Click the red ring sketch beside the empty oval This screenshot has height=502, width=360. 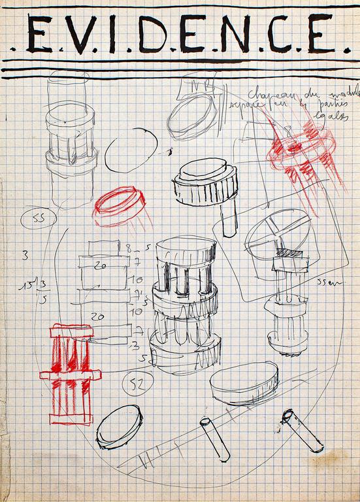click(x=120, y=204)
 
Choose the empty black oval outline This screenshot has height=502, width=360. click(x=131, y=150)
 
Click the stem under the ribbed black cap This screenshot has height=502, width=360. click(x=227, y=219)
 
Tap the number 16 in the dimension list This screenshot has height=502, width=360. click(x=138, y=278)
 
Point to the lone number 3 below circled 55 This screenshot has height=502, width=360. click(x=25, y=256)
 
